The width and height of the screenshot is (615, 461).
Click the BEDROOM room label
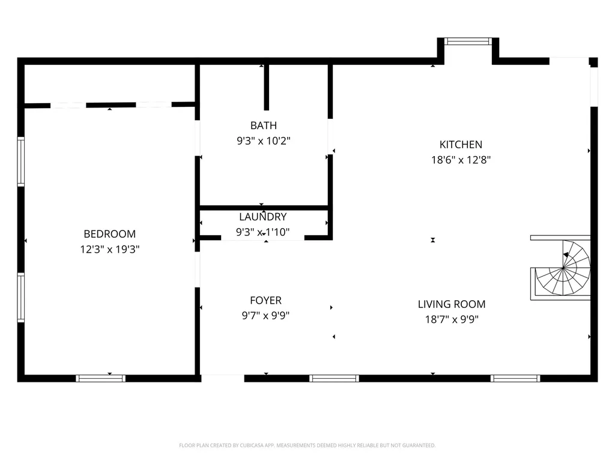109,234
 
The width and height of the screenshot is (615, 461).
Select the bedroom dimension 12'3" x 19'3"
109,249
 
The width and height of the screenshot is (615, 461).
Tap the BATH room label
264,125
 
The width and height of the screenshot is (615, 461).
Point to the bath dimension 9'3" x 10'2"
264,140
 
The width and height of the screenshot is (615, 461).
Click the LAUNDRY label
262,217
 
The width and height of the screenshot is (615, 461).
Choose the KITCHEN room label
461,145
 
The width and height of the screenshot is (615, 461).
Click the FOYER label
265,301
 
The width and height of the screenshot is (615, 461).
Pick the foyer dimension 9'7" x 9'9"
265,316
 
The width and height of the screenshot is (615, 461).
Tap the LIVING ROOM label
452,304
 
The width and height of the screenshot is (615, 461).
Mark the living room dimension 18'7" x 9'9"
452,319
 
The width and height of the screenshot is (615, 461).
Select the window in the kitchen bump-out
468,41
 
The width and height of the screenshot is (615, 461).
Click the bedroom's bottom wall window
100,378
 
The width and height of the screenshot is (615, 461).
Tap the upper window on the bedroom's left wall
21,161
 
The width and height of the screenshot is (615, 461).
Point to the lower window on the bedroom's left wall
21,298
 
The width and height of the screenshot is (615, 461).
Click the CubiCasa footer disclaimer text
307,445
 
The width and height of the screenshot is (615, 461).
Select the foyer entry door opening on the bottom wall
223,378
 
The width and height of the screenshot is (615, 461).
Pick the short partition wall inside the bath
266,87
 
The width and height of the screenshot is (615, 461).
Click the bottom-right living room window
515,378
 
